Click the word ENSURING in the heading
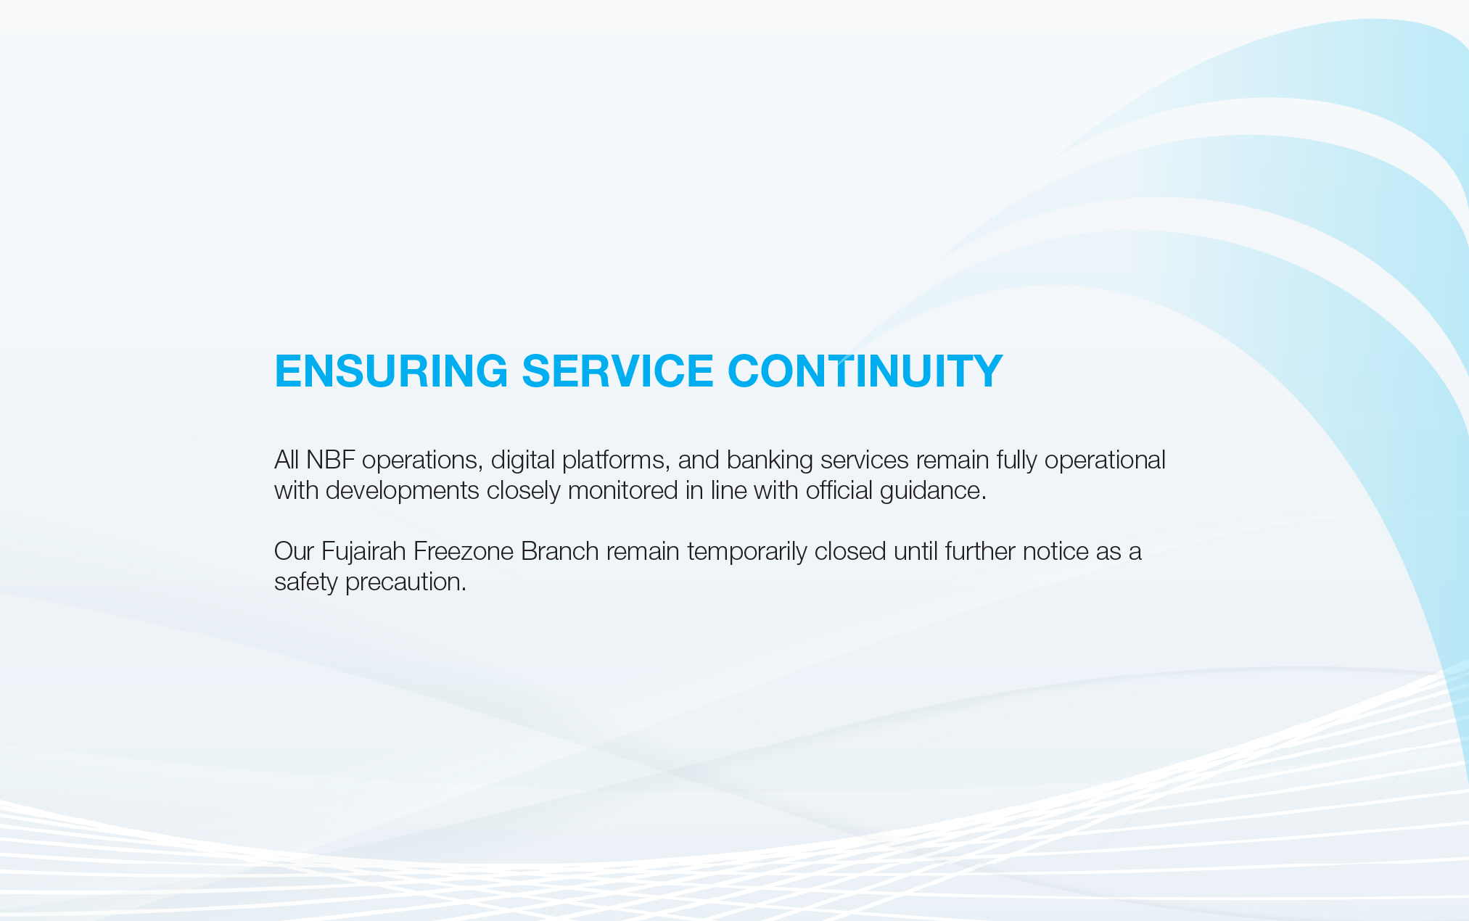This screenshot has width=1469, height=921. pyautogui.click(x=391, y=371)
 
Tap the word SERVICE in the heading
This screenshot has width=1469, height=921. pyautogui.click(x=618, y=371)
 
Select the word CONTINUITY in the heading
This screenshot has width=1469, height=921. pyautogui.click(x=865, y=371)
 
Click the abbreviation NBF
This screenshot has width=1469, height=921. pyautogui.click(x=330, y=460)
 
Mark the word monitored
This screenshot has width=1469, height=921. pyautogui.click(x=622, y=491)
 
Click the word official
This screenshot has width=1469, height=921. pyautogui.click(x=839, y=491)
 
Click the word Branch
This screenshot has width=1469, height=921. pyautogui.click(x=560, y=552)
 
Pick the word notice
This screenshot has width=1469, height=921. pyautogui.click(x=1056, y=552)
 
